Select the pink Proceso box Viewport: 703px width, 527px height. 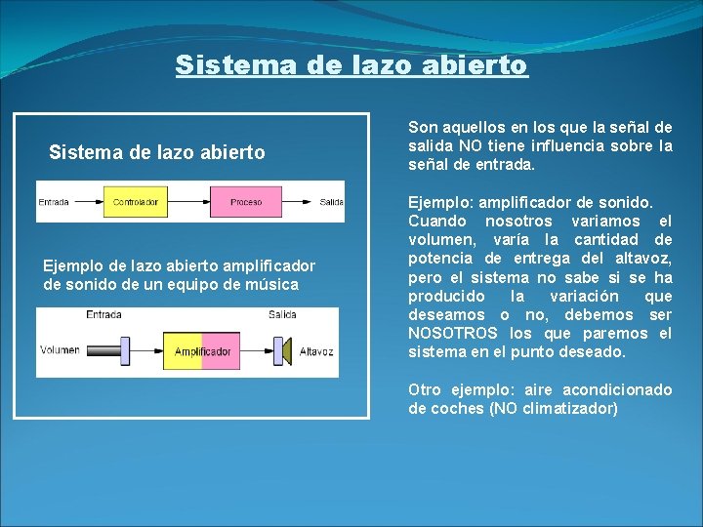(x=246, y=202)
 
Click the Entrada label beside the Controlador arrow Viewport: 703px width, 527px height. (x=54, y=202)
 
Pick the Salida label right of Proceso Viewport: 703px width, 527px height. (x=331, y=202)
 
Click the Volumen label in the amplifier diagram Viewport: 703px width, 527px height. (x=60, y=350)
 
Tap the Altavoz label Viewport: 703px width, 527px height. (x=316, y=350)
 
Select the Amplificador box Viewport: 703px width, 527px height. (x=202, y=350)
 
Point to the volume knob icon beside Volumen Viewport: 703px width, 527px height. (x=124, y=349)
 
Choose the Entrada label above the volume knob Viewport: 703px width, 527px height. (x=103, y=314)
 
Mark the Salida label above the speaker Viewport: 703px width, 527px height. (x=281, y=314)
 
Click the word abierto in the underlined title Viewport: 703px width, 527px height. (x=480, y=65)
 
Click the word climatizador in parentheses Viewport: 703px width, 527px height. (x=570, y=408)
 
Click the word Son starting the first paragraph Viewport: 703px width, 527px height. (x=422, y=128)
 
